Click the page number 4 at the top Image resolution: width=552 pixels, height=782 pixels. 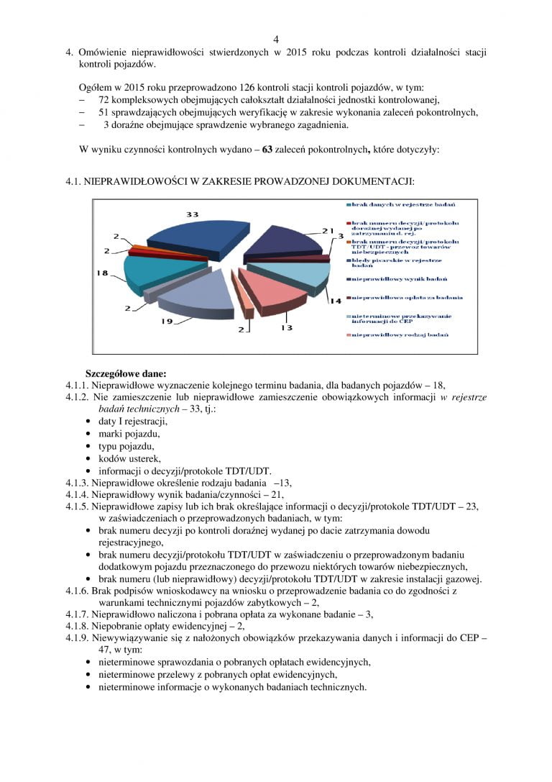point(276,39)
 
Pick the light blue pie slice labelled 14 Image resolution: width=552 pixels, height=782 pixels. point(287,276)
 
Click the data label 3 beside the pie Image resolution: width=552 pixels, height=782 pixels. point(339,236)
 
